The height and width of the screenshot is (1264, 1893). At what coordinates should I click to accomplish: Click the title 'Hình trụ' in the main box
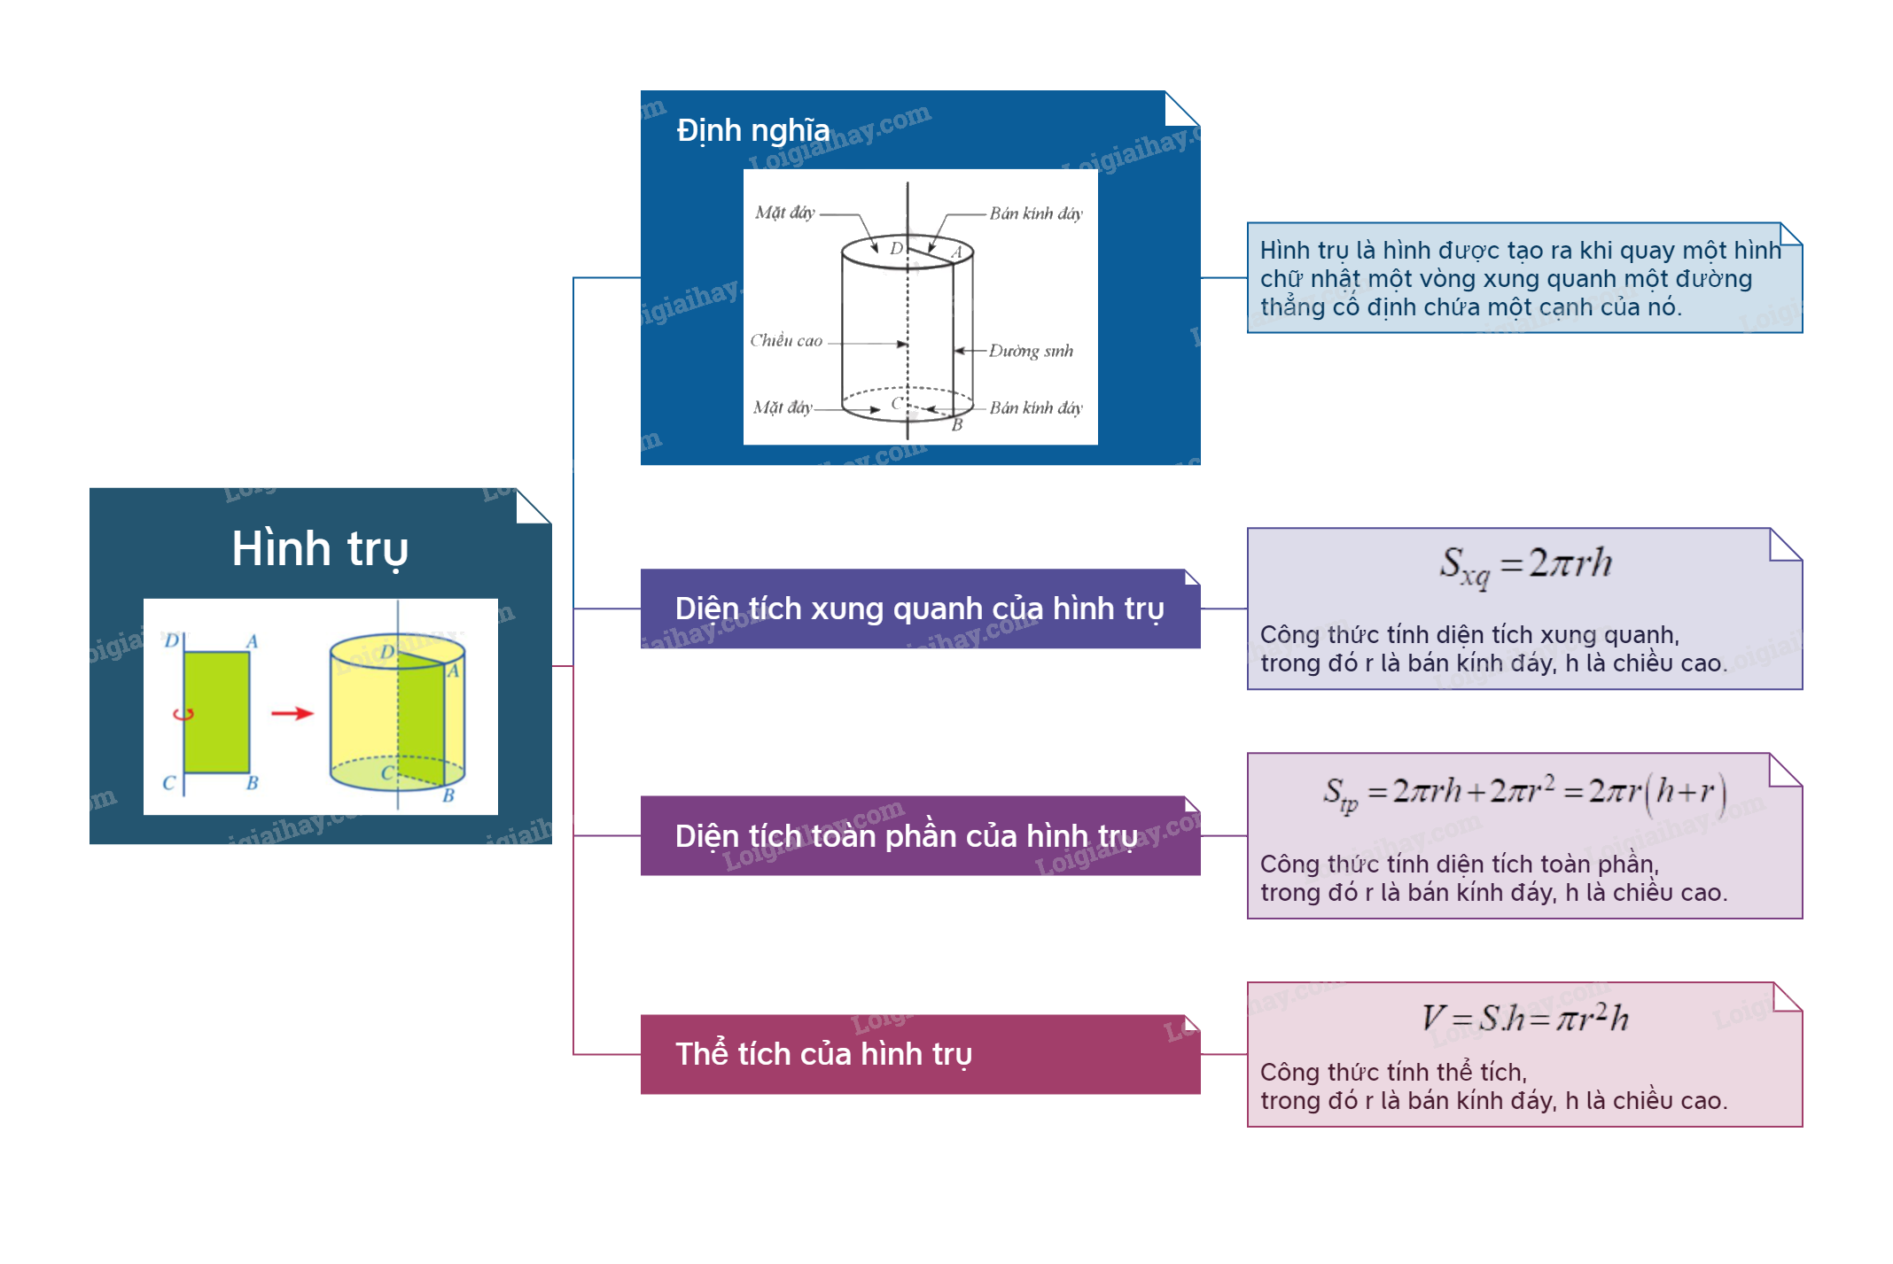click(320, 548)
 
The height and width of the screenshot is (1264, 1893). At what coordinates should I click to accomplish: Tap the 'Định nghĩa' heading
click(753, 130)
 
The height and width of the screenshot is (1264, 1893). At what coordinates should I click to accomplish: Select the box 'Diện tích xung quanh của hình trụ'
click(919, 609)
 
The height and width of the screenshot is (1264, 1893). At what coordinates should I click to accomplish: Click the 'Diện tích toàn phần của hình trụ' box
click(919, 836)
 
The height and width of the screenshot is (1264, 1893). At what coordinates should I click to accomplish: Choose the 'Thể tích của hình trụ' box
click(919, 1054)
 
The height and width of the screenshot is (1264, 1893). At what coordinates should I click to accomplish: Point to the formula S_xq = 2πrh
click(1525, 564)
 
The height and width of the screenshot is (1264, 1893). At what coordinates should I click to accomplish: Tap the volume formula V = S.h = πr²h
click(1525, 1018)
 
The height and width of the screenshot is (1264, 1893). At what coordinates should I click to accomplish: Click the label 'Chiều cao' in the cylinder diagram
click(786, 341)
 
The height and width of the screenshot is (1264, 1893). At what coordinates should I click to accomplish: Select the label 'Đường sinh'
click(1031, 351)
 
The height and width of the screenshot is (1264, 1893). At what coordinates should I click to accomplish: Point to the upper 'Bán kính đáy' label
click(1036, 213)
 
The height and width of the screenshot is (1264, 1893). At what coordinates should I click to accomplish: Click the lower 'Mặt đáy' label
click(783, 407)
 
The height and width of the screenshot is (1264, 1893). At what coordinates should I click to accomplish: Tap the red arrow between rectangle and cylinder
click(292, 713)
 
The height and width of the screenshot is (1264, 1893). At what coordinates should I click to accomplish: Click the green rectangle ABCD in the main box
click(217, 712)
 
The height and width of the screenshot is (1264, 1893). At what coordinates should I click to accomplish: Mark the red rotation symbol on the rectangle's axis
click(183, 714)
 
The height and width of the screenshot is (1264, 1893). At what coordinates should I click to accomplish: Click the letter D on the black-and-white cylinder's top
click(896, 249)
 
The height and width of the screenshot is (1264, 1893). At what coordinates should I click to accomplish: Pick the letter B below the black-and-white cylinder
click(957, 425)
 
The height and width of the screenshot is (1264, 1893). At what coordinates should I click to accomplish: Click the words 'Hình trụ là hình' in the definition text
click(1337, 251)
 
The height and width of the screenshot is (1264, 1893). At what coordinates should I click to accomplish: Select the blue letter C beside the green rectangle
click(168, 783)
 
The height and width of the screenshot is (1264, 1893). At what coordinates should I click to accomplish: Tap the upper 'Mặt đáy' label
click(784, 213)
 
